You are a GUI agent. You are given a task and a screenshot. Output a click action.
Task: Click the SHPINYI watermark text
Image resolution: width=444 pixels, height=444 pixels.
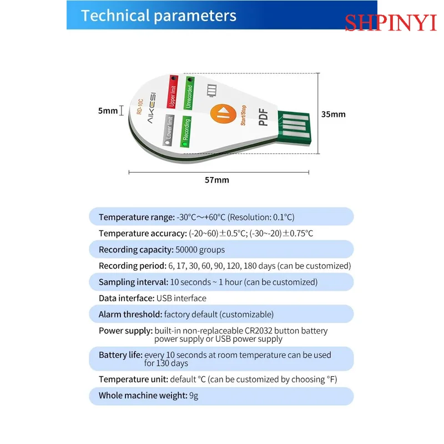tap(391, 23)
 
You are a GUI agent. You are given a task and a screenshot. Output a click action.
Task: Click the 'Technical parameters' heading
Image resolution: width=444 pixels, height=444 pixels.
tap(159, 16)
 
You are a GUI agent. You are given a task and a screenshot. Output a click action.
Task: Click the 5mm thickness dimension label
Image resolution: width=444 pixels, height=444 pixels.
tap(108, 110)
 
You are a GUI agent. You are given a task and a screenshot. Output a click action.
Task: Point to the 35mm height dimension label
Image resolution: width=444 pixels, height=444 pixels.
tap(333, 114)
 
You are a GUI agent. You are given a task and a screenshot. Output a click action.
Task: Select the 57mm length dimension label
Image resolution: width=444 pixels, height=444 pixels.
tap(217, 180)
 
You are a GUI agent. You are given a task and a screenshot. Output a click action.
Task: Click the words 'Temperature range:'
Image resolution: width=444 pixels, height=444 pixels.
tap(137, 217)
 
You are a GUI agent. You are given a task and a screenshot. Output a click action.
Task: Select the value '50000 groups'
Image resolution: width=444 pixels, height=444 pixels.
tap(200, 250)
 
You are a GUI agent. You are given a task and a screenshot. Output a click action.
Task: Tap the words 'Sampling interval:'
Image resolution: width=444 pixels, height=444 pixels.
tap(133, 282)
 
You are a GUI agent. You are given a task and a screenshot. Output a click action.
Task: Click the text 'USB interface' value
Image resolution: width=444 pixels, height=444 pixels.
tap(181, 298)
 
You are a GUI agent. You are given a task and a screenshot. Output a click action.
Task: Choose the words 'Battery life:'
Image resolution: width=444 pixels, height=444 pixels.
tap(120, 355)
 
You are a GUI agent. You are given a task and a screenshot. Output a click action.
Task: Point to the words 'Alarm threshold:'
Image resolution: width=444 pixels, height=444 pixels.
tap(130, 314)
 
